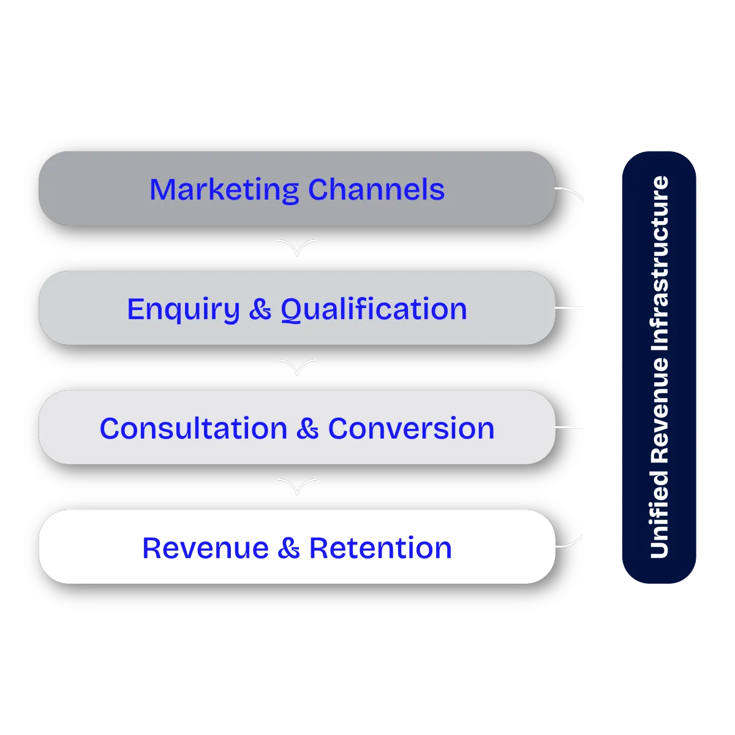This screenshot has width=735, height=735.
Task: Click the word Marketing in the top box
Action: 224,190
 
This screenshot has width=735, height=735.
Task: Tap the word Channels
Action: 376,190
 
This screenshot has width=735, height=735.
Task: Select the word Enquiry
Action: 183,309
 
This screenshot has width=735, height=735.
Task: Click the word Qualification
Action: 374,309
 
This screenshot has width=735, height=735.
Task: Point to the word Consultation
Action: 194,429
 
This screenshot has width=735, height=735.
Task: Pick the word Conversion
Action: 411,429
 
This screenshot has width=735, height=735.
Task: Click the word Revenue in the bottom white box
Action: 205,548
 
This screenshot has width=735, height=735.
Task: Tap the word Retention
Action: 380,548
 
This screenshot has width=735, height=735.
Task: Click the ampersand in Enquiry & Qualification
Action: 260,309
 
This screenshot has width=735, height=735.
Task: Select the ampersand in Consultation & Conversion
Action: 307,429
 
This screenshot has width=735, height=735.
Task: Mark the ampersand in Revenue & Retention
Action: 288,548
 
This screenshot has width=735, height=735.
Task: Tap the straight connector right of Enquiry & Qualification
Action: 570,308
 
